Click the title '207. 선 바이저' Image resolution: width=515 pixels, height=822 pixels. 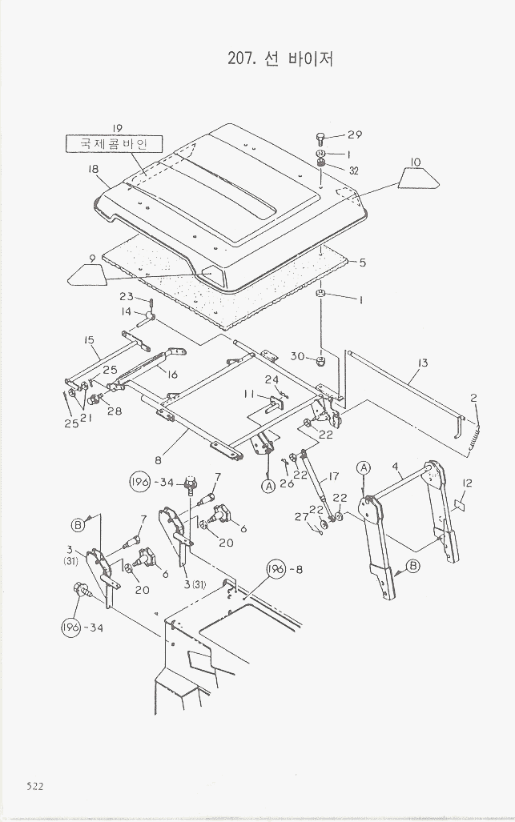pyautogui.click(x=281, y=58)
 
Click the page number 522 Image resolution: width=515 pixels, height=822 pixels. pyautogui.click(x=34, y=786)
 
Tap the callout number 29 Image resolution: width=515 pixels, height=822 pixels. pyautogui.click(x=354, y=134)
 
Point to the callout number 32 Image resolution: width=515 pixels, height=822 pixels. pyautogui.click(x=353, y=170)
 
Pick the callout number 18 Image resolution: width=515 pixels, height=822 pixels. pyautogui.click(x=93, y=169)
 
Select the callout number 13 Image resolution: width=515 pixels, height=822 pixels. pyautogui.click(x=422, y=363)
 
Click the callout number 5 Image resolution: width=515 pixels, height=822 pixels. pyautogui.click(x=362, y=262)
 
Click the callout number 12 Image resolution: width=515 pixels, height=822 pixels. pyautogui.click(x=468, y=483)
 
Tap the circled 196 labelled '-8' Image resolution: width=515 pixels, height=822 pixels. pyautogui.click(x=277, y=571)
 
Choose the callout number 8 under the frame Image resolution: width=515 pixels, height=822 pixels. pyautogui.click(x=159, y=460)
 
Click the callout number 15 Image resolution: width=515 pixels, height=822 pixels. pyautogui.click(x=90, y=340)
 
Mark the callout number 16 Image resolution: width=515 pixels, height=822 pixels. pyautogui.click(x=172, y=374)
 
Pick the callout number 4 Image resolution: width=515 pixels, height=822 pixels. pyautogui.click(x=396, y=466)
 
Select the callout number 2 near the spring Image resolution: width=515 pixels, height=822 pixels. pyautogui.click(x=474, y=398)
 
